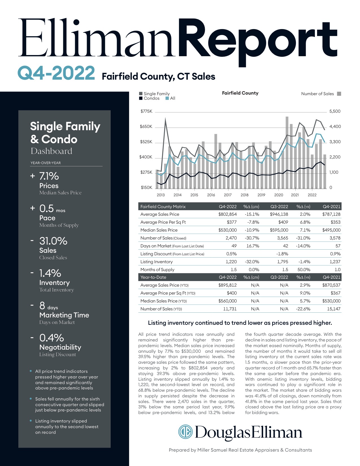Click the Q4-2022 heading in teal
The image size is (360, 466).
click(56, 73)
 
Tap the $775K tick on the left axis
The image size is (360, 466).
click(146, 111)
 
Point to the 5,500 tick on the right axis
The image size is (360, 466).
click(335, 111)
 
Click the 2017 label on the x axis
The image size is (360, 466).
click(228, 195)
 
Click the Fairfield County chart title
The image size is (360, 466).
click(240, 93)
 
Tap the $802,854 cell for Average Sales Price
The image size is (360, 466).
click(227, 214)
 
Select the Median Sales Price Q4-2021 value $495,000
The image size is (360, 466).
click(331, 230)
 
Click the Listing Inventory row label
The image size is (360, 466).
click(156, 262)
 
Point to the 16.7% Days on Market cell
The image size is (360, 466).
click(253, 246)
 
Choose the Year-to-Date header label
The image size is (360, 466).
click(153, 277)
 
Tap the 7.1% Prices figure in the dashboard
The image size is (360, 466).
click(49, 176)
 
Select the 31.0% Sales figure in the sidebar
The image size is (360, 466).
click(53, 241)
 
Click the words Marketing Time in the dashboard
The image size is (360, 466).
click(64, 315)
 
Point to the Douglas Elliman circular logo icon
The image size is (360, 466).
click(185, 432)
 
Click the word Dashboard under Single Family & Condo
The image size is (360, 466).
click(51, 151)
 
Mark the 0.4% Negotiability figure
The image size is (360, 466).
click(51, 338)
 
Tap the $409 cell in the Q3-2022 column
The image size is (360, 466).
click(283, 222)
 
